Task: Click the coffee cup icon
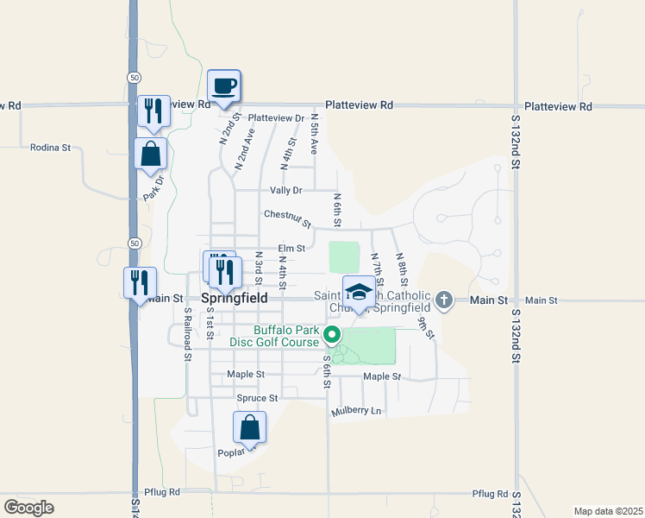point(223,86)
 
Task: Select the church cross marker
point(443,300)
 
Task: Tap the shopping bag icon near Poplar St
point(249,427)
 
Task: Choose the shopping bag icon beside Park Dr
point(151,154)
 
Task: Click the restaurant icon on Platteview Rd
point(153,111)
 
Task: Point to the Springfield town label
point(235,298)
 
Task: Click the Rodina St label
point(50,148)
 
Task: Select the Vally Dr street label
point(286,190)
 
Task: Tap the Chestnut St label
point(287,214)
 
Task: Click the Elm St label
point(291,248)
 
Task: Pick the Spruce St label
point(257,398)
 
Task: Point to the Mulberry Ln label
point(356,411)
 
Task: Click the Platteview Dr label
point(276,118)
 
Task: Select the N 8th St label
point(402,268)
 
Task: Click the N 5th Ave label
point(315,133)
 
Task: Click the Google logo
point(28,508)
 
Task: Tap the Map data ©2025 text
point(608,511)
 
